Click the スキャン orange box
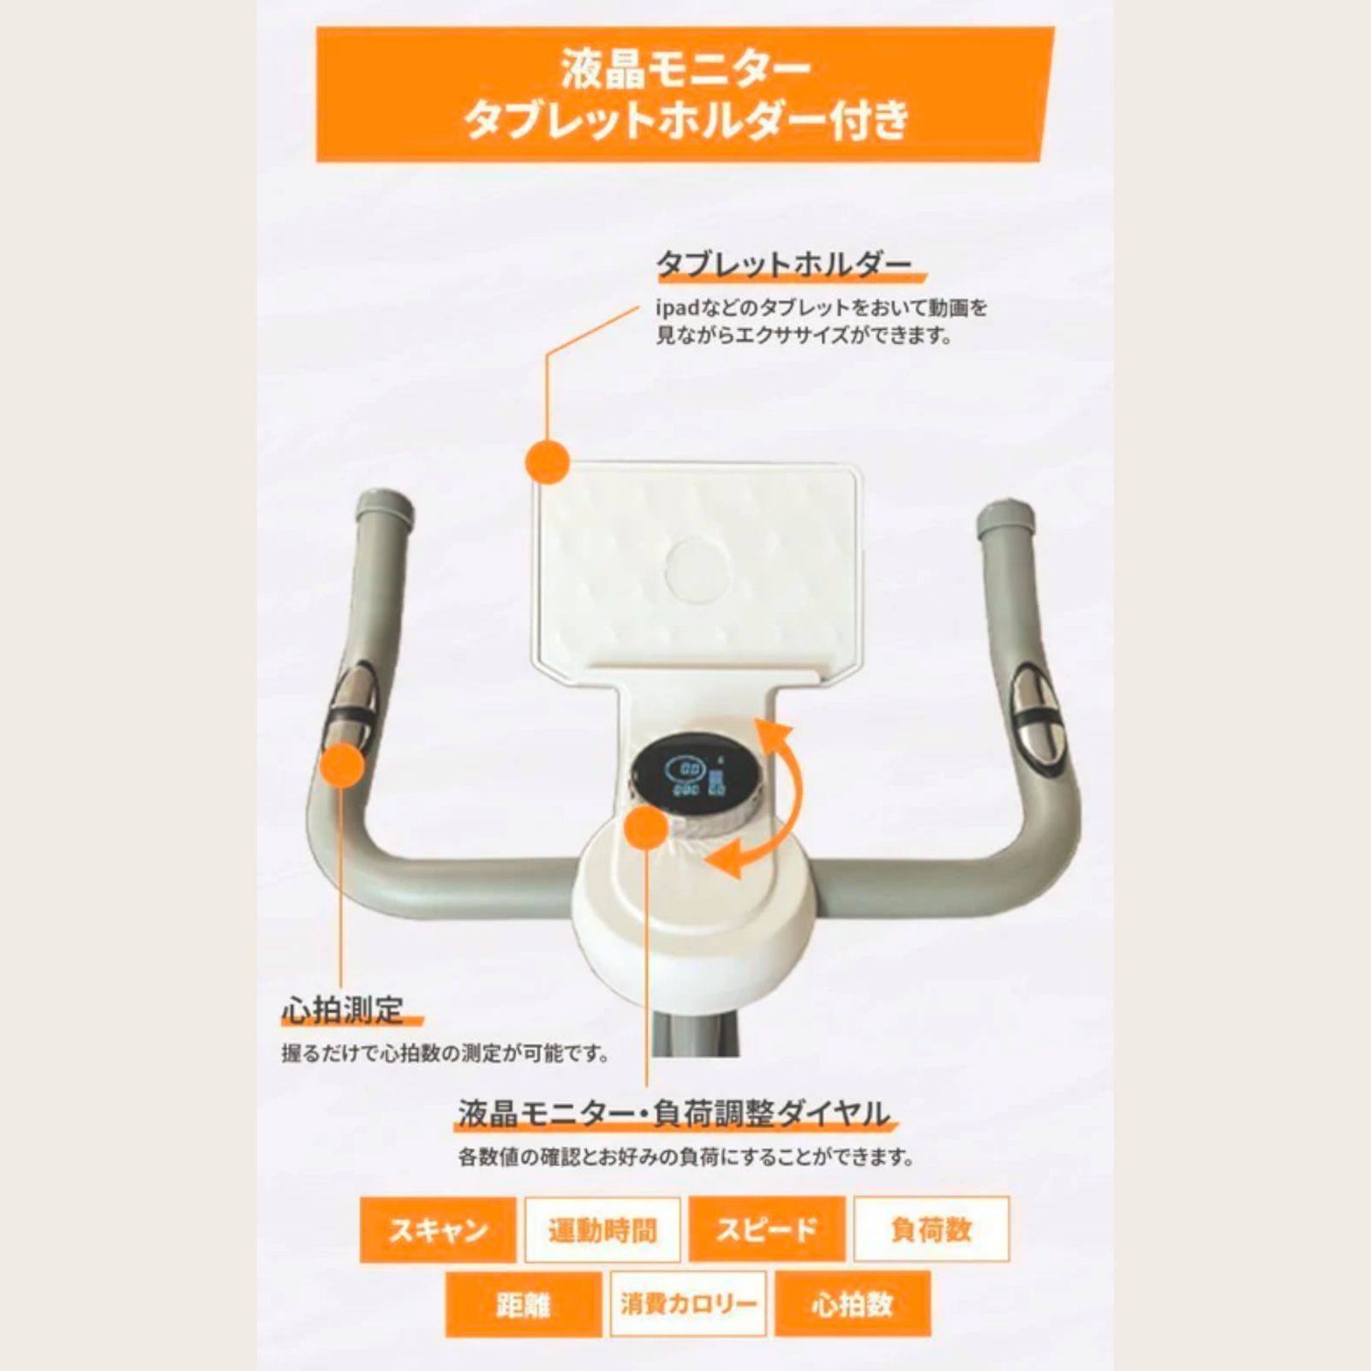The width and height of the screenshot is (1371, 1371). [438, 1230]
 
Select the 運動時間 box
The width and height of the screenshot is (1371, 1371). [602, 1230]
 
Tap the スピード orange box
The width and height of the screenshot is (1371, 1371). [767, 1230]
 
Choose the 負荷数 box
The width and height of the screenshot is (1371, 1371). [931, 1230]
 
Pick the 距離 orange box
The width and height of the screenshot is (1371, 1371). [523, 1305]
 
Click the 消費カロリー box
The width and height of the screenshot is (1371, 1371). [688, 1305]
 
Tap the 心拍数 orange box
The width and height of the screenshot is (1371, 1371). [852, 1305]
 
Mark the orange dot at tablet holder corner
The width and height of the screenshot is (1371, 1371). [548, 460]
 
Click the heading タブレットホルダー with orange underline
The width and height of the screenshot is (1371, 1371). [783, 265]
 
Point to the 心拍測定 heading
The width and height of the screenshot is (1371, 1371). [343, 1010]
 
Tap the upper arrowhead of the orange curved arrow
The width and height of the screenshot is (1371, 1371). [771, 733]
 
